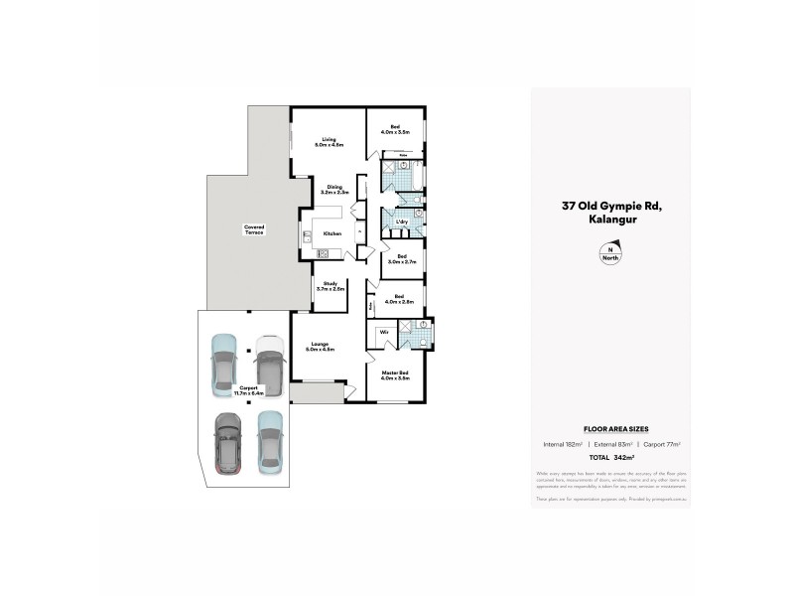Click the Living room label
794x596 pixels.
(329, 142)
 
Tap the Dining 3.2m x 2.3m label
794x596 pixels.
(334, 188)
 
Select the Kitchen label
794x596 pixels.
(332, 233)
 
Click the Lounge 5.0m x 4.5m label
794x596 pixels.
(320, 347)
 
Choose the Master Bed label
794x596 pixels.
(396, 375)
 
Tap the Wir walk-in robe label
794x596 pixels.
(383, 333)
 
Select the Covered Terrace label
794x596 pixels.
(254, 229)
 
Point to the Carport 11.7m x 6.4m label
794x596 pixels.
(250, 390)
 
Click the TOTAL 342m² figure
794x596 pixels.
(610, 458)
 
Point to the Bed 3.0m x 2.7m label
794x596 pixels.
(402, 259)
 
